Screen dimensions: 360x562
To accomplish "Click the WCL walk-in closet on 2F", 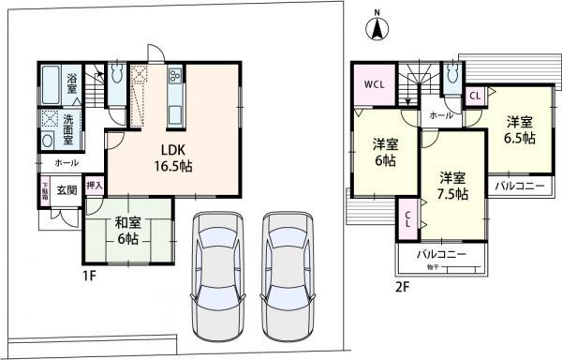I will (x=373, y=82).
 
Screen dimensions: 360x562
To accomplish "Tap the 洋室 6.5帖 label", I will (x=521, y=129).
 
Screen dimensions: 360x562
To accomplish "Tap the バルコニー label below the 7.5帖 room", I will (x=441, y=254).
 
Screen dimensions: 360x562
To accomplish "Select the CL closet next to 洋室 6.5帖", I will (x=475, y=96).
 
